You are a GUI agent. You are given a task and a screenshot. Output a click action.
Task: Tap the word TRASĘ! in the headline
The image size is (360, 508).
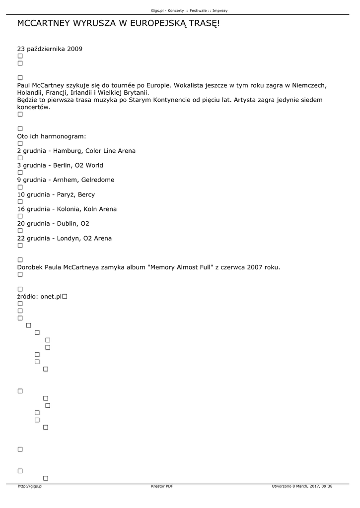click(x=202, y=24)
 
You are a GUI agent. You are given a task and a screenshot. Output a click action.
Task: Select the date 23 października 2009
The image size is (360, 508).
click(x=50, y=49)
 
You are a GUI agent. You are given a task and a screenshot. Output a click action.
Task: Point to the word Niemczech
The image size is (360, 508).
click(x=308, y=85)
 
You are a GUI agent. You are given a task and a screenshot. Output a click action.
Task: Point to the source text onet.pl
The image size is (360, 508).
click(x=51, y=297)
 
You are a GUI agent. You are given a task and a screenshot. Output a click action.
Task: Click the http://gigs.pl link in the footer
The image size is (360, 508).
click(x=30, y=486)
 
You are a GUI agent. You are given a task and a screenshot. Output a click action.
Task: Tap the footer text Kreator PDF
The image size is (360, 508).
click(x=162, y=486)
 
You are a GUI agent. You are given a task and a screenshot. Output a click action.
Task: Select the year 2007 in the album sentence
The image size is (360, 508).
click(x=256, y=268)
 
